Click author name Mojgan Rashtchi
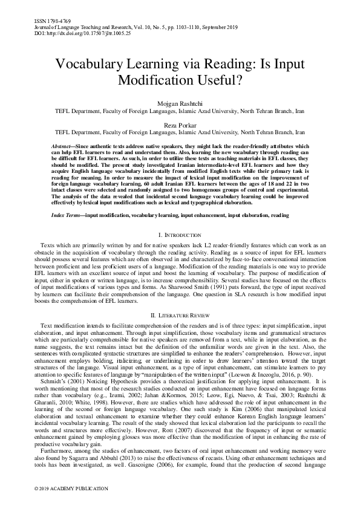pyautogui.click(x=180, y=103)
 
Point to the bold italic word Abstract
pyautogui.click(x=61, y=148)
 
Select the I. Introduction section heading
pyautogui.click(x=180, y=217)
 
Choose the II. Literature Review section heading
pyautogui.click(x=180, y=316)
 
